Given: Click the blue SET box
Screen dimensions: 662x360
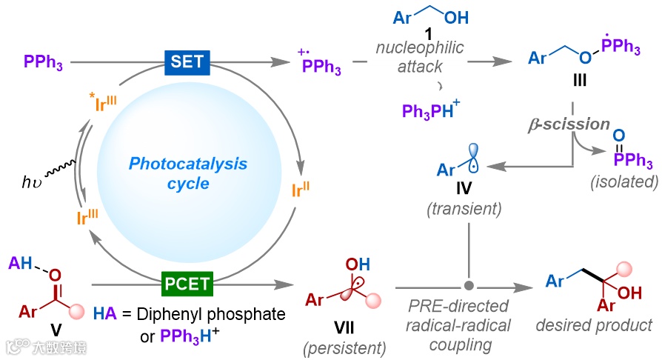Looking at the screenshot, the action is pyautogui.click(x=187, y=61).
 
